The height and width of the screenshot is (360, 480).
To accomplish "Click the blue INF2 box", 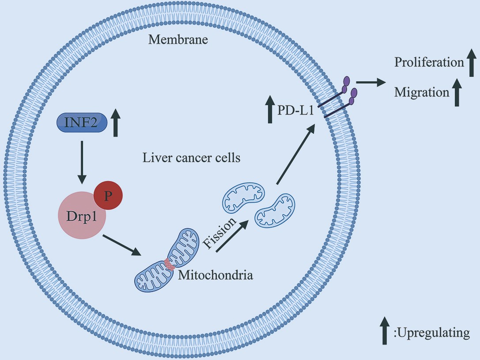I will (x=82, y=122).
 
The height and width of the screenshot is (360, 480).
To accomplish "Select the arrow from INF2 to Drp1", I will (x=82, y=161).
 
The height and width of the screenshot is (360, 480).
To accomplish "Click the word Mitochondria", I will (x=215, y=275).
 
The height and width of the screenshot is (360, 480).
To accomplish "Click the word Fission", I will (x=219, y=231).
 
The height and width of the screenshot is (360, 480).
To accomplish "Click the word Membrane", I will (x=178, y=40).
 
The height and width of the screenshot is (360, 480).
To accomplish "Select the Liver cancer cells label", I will (x=191, y=158).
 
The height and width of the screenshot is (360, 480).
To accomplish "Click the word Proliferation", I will (x=429, y=62).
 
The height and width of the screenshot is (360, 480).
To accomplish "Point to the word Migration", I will (x=422, y=92).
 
